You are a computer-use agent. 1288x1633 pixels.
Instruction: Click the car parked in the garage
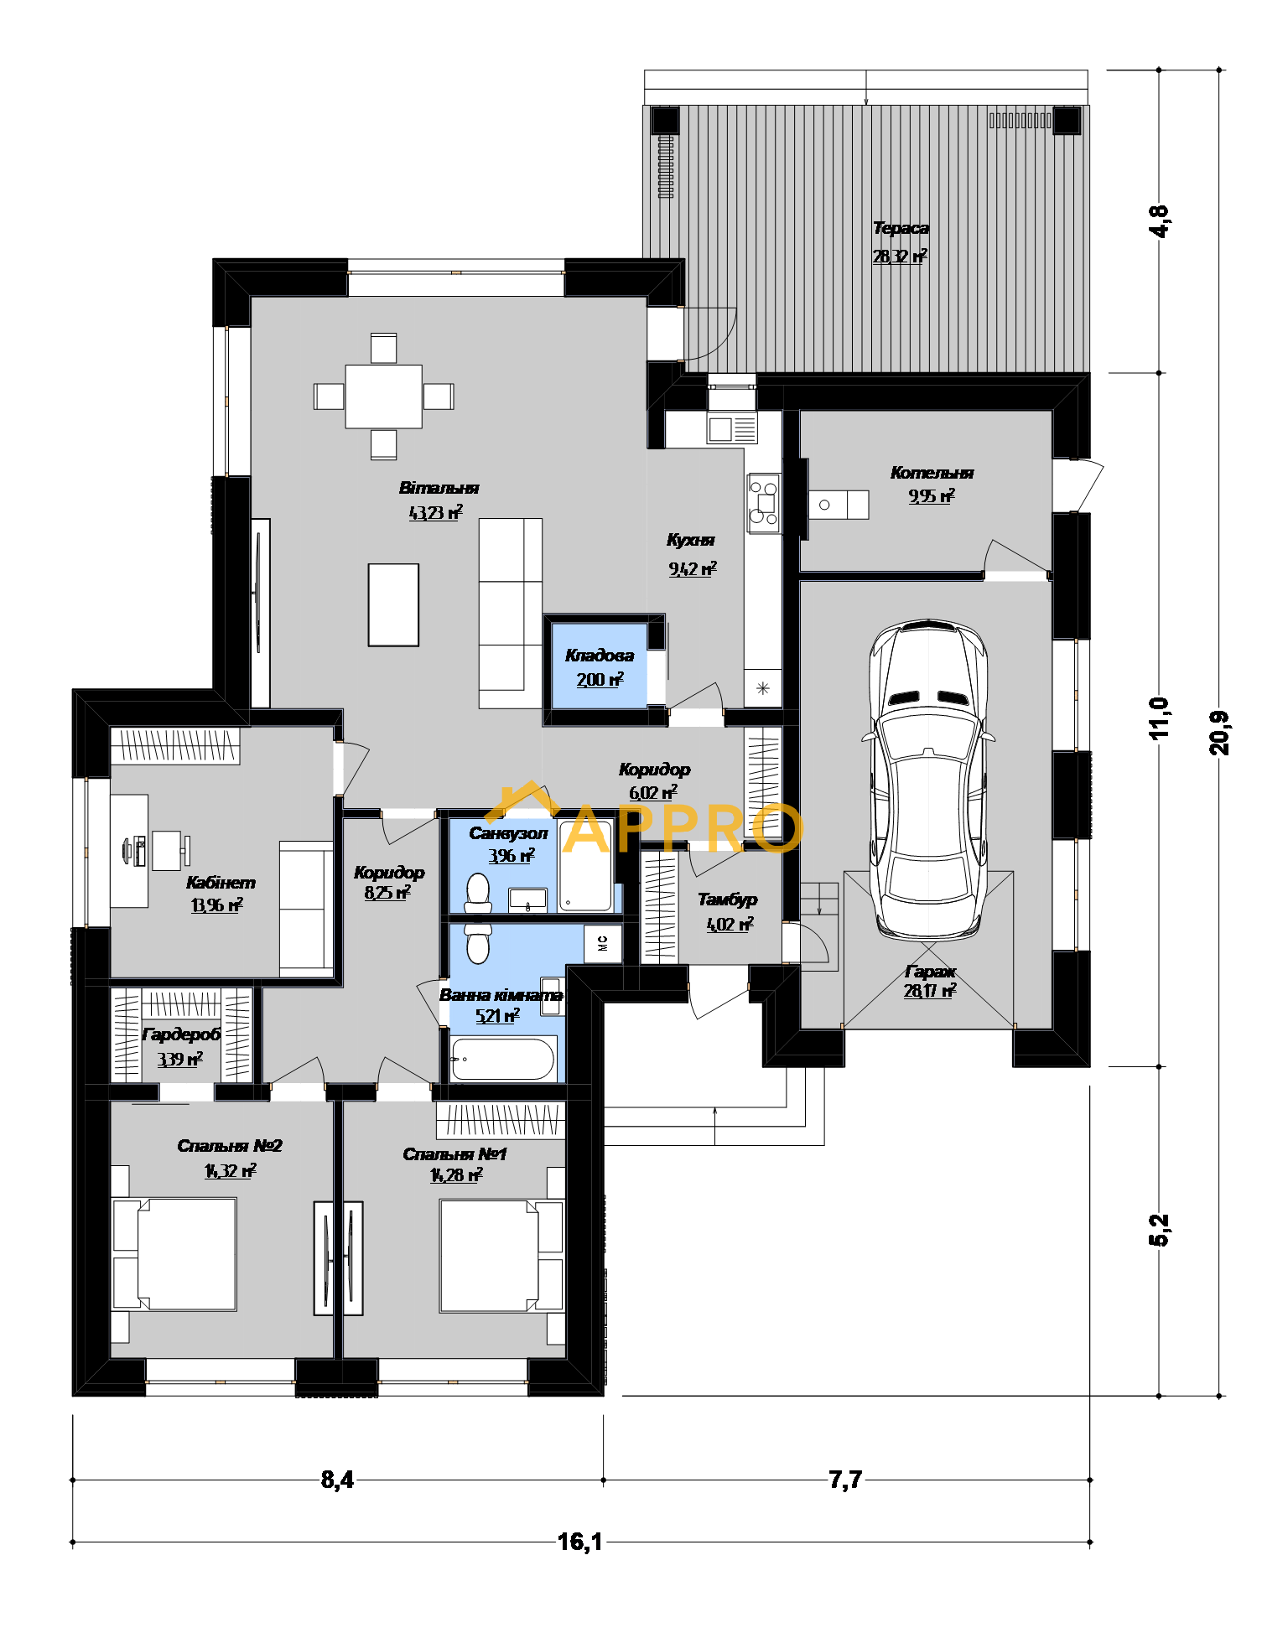click(928, 779)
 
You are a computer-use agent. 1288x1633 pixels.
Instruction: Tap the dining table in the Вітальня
click(383, 396)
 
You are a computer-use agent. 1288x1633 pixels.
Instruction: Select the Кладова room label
click(600, 656)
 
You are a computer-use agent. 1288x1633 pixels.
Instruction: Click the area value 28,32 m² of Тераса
click(900, 256)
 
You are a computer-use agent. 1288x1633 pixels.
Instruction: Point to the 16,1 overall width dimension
click(579, 1542)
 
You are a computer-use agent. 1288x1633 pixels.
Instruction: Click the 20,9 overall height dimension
click(1219, 733)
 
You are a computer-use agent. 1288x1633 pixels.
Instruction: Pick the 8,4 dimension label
click(337, 1480)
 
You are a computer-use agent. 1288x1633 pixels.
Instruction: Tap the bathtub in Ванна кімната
click(503, 1059)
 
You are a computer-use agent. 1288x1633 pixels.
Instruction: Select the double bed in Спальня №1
click(501, 1255)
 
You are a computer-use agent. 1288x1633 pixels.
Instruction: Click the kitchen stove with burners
click(764, 503)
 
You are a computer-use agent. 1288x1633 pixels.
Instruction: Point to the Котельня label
click(932, 473)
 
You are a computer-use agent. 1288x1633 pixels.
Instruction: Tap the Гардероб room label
click(181, 1034)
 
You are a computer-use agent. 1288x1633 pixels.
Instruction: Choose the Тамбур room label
click(727, 899)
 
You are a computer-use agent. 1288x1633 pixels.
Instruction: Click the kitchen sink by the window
click(732, 428)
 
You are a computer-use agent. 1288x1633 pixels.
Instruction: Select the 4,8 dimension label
click(1159, 221)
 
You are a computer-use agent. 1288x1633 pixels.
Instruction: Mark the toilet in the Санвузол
click(478, 893)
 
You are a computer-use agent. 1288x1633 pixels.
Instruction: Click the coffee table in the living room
click(393, 604)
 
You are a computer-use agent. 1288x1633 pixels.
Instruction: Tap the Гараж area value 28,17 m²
click(930, 991)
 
